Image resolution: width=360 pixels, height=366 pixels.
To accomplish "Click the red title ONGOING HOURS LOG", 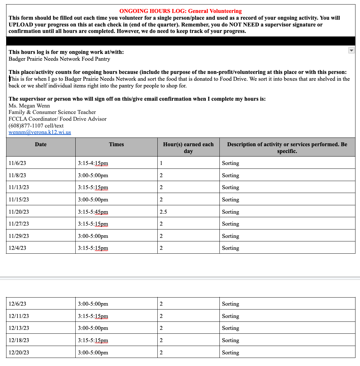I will click(180, 11).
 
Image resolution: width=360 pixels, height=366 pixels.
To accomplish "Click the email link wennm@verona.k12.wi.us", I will click(40, 132).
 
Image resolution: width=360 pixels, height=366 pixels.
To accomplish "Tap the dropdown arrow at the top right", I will click(351, 50).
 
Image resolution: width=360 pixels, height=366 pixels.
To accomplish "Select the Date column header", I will click(41, 145).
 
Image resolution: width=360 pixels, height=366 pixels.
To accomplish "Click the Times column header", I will click(116, 145).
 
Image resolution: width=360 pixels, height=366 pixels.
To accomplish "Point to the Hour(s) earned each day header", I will click(188, 147).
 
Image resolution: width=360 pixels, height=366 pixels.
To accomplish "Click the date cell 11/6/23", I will click(17, 163).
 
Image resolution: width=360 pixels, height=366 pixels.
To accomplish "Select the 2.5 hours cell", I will click(164, 212).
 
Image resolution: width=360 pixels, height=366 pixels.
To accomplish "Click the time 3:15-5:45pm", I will click(93, 212).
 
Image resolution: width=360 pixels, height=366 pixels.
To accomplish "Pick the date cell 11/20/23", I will click(19, 212).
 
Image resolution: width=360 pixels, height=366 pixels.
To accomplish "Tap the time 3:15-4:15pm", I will click(93, 163).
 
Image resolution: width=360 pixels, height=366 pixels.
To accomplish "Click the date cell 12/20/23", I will click(19, 353).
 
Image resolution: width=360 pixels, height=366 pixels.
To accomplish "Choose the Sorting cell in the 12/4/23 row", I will click(230, 248).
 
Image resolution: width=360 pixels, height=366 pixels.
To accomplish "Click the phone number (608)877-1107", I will click(36, 126).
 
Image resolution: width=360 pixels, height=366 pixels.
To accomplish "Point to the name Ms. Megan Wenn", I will click(29, 106).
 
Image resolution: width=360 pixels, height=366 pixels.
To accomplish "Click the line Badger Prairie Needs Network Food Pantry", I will click(59, 59).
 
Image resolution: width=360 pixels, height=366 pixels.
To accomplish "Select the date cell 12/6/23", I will click(17, 304).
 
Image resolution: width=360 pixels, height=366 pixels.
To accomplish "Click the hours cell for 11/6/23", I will click(161, 163).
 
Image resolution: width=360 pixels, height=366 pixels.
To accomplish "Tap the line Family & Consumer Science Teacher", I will click(52, 112).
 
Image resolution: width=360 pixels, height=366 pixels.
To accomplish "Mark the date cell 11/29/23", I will click(19, 236).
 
